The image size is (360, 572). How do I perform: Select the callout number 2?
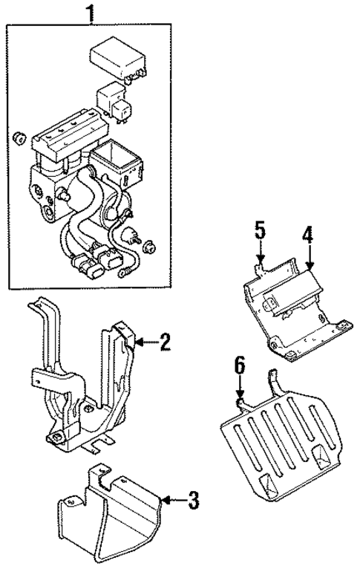pyautogui.click(x=165, y=342)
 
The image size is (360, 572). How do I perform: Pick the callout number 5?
pyautogui.click(x=259, y=230)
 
